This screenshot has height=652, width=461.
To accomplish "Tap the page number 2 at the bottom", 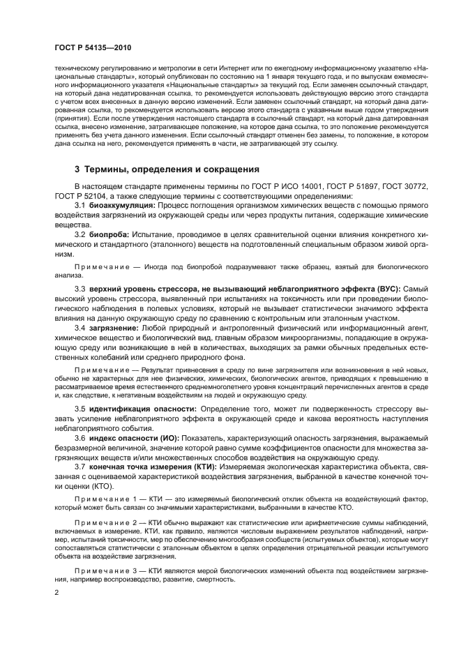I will pos(56,592).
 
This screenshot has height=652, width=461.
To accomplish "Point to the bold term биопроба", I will pos(107,236).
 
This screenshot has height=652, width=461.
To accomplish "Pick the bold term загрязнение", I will pos(112,328).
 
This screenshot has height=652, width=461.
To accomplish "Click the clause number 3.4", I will pos(80,328).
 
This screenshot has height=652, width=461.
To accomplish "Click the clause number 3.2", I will pos(80,236).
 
